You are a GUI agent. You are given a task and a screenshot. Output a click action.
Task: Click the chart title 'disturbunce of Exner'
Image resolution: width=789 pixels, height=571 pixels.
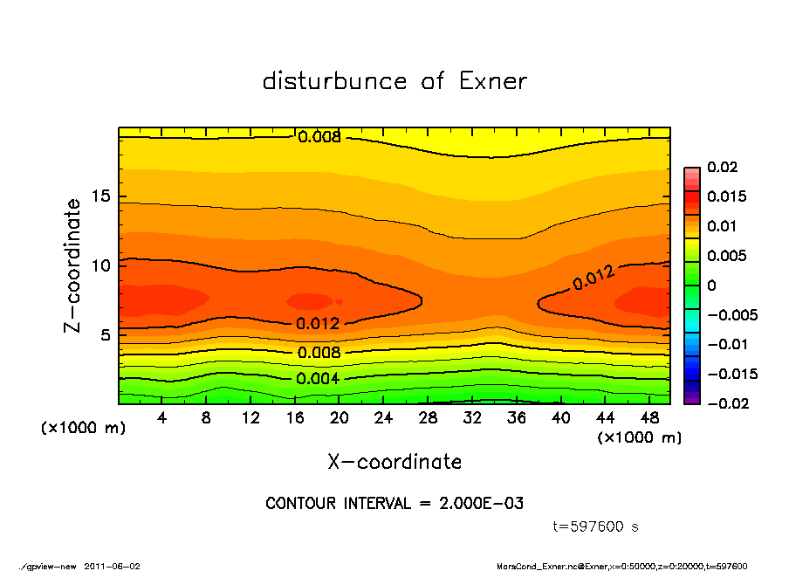tap(394, 81)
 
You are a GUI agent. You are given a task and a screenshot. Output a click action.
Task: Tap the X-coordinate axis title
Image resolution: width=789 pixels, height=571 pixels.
tap(394, 461)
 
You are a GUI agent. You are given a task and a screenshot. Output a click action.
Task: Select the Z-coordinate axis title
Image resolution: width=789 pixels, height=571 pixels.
tap(73, 265)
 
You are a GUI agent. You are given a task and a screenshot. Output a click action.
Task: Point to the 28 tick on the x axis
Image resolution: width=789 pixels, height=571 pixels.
tap(428, 417)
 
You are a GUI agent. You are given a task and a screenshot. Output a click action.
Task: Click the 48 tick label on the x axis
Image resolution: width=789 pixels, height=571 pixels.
tap(648, 417)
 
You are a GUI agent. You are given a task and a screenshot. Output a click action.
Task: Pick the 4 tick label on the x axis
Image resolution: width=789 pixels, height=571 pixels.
tap(162, 417)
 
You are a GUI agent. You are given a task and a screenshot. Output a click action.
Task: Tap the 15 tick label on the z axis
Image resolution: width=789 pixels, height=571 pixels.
tap(100, 196)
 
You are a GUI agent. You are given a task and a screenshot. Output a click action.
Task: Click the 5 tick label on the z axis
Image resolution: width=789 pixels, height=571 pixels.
tap(105, 335)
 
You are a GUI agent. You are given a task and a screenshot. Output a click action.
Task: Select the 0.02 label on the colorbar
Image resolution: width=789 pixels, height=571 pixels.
tap(724, 167)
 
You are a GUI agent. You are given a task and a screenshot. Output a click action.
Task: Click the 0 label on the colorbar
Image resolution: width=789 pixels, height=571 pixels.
tap(711, 285)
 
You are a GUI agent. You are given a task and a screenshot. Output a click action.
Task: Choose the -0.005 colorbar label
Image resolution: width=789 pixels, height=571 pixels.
tap(732, 315)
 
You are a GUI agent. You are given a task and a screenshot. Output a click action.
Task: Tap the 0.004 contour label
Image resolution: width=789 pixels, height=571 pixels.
tap(318, 379)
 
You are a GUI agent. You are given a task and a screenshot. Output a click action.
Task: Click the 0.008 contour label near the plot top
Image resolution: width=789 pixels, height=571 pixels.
tap(319, 137)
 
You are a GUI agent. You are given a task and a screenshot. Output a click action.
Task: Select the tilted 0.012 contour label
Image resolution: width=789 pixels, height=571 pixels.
tap(593, 279)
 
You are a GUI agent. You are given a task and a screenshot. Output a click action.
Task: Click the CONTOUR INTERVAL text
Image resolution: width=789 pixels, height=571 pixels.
tap(394, 504)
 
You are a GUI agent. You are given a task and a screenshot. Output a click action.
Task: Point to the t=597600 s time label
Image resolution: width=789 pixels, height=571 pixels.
tap(596, 527)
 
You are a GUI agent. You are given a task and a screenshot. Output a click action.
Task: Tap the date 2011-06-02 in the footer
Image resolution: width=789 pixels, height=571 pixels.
tap(112, 566)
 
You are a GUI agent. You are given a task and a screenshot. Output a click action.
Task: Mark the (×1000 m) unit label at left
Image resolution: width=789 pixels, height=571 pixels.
tap(79, 429)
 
